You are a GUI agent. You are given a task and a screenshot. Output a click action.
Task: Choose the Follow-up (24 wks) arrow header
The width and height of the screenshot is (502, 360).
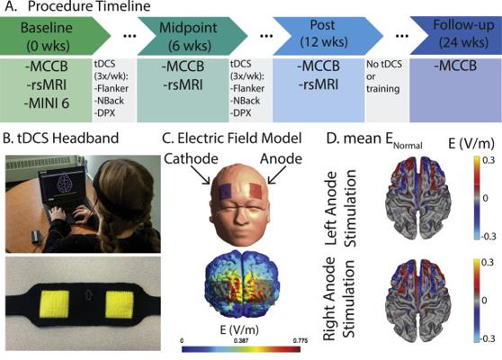(x=456, y=36)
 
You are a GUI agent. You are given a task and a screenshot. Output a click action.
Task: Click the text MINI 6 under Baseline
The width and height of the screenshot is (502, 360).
(x=47, y=103)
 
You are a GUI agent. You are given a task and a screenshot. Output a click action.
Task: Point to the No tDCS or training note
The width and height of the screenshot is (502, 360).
(x=384, y=76)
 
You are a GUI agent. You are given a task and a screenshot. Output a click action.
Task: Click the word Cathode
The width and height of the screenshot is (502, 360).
(x=191, y=159)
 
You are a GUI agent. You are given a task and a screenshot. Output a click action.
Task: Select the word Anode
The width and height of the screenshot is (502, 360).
(x=281, y=159)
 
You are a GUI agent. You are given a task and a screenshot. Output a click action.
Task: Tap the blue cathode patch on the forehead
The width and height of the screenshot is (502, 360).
(x=226, y=191)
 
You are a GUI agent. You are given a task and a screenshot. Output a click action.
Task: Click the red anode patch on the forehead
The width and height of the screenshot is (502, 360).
(x=255, y=191)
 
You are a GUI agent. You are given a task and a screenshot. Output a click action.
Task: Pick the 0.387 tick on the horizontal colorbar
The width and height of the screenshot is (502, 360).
(x=241, y=340)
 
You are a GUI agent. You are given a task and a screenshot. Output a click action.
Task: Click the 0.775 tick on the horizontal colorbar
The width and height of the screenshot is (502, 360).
(x=300, y=340)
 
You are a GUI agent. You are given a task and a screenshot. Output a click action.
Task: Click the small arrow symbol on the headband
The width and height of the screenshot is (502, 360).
(x=88, y=296)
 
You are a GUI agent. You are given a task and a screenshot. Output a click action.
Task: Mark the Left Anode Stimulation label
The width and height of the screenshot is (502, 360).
(x=340, y=208)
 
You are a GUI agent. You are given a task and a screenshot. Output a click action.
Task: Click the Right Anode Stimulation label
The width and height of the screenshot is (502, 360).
(x=340, y=299)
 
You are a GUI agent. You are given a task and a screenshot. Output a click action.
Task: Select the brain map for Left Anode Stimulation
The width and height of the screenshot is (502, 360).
(x=418, y=198)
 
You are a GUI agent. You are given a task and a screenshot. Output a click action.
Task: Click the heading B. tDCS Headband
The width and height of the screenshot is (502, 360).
(x=61, y=139)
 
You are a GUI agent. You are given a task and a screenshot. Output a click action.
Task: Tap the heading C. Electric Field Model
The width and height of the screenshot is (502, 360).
(x=232, y=139)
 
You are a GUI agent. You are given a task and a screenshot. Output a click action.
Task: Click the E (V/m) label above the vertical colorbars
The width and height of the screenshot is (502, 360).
(x=471, y=143)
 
